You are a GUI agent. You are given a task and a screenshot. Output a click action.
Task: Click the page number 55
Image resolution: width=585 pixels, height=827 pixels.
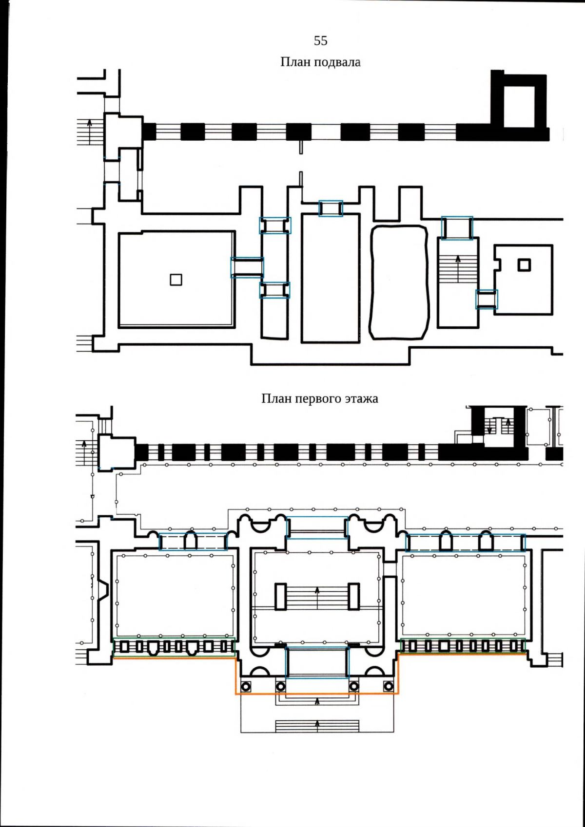(320, 40)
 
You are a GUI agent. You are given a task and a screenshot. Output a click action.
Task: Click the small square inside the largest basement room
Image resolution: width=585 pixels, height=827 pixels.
(176, 280)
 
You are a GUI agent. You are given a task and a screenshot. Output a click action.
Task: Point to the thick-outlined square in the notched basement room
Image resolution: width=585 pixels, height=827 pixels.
(524, 265)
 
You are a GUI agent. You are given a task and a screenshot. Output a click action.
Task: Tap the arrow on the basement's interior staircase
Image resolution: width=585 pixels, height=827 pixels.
(458, 268)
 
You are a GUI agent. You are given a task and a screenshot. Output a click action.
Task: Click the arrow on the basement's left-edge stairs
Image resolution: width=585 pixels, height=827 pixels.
(89, 132)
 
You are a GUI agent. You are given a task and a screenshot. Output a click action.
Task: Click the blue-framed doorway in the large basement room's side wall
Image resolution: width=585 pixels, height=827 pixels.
(247, 267)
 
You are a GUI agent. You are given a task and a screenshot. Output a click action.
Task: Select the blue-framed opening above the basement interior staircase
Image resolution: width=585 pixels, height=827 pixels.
(457, 228)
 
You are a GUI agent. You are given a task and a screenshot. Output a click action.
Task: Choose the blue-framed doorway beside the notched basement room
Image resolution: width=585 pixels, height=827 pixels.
(487, 299)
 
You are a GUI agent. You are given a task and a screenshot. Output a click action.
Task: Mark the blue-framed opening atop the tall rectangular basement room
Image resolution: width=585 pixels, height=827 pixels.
(331, 208)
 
